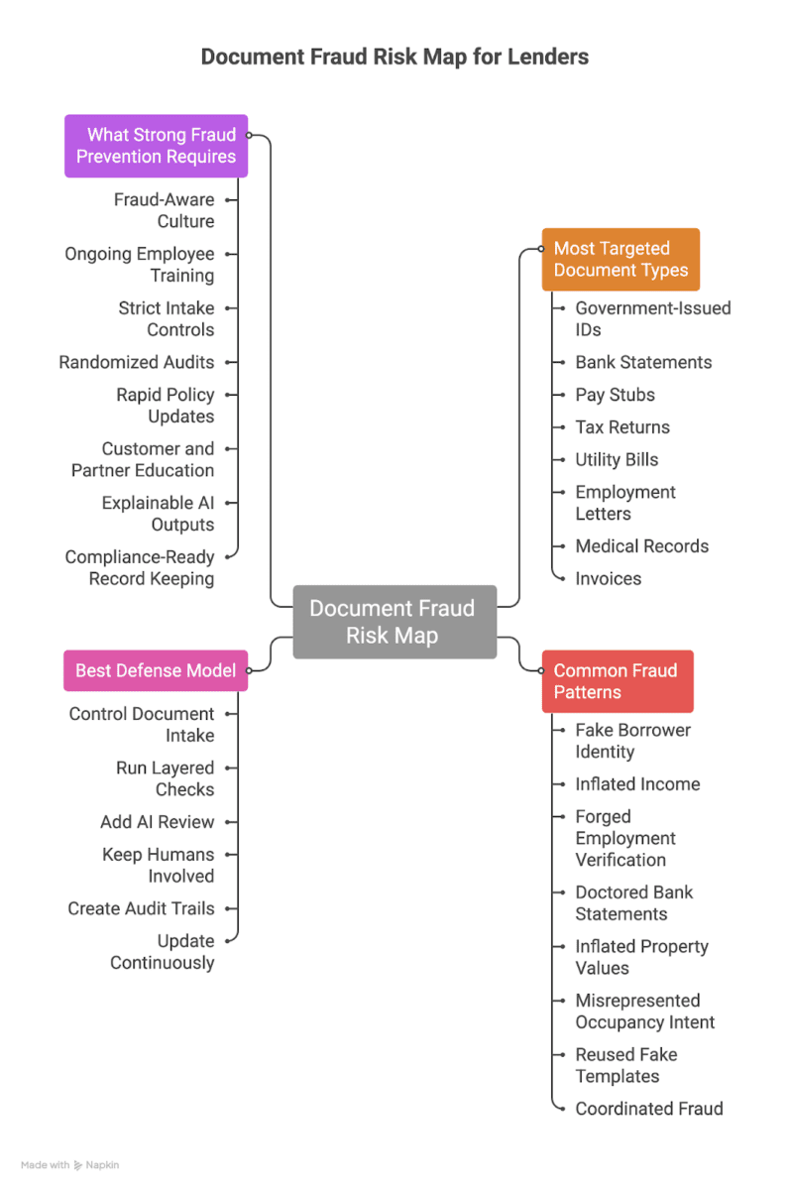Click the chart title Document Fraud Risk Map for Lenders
pyautogui.click(x=395, y=57)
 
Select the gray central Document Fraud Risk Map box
pyautogui.click(x=393, y=622)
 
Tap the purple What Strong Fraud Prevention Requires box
pyautogui.click(x=156, y=146)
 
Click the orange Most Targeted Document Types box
pyautogui.click(x=620, y=259)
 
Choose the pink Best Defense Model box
pyautogui.click(x=155, y=670)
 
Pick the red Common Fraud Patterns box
pyautogui.click(x=617, y=681)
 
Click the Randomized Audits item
pyautogui.click(x=136, y=362)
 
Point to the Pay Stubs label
pyautogui.click(x=615, y=395)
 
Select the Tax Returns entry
pyautogui.click(x=622, y=427)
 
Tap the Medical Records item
pyautogui.click(x=641, y=546)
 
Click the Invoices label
pyautogui.click(x=608, y=578)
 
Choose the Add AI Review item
pyautogui.click(x=157, y=822)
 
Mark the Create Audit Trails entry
pyautogui.click(x=141, y=908)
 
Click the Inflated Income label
pyautogui.click(x=637, y=784)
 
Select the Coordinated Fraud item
pyautogui.click(x=649, y=1109)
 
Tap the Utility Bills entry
pyautogui.click(x=617, y=460)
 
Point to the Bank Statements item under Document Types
pyautogui.click(x=643, y=362)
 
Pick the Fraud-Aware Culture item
pyautogui.click(x=164, y=210)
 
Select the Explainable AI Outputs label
pyautogui.click(x=158, y=514)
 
